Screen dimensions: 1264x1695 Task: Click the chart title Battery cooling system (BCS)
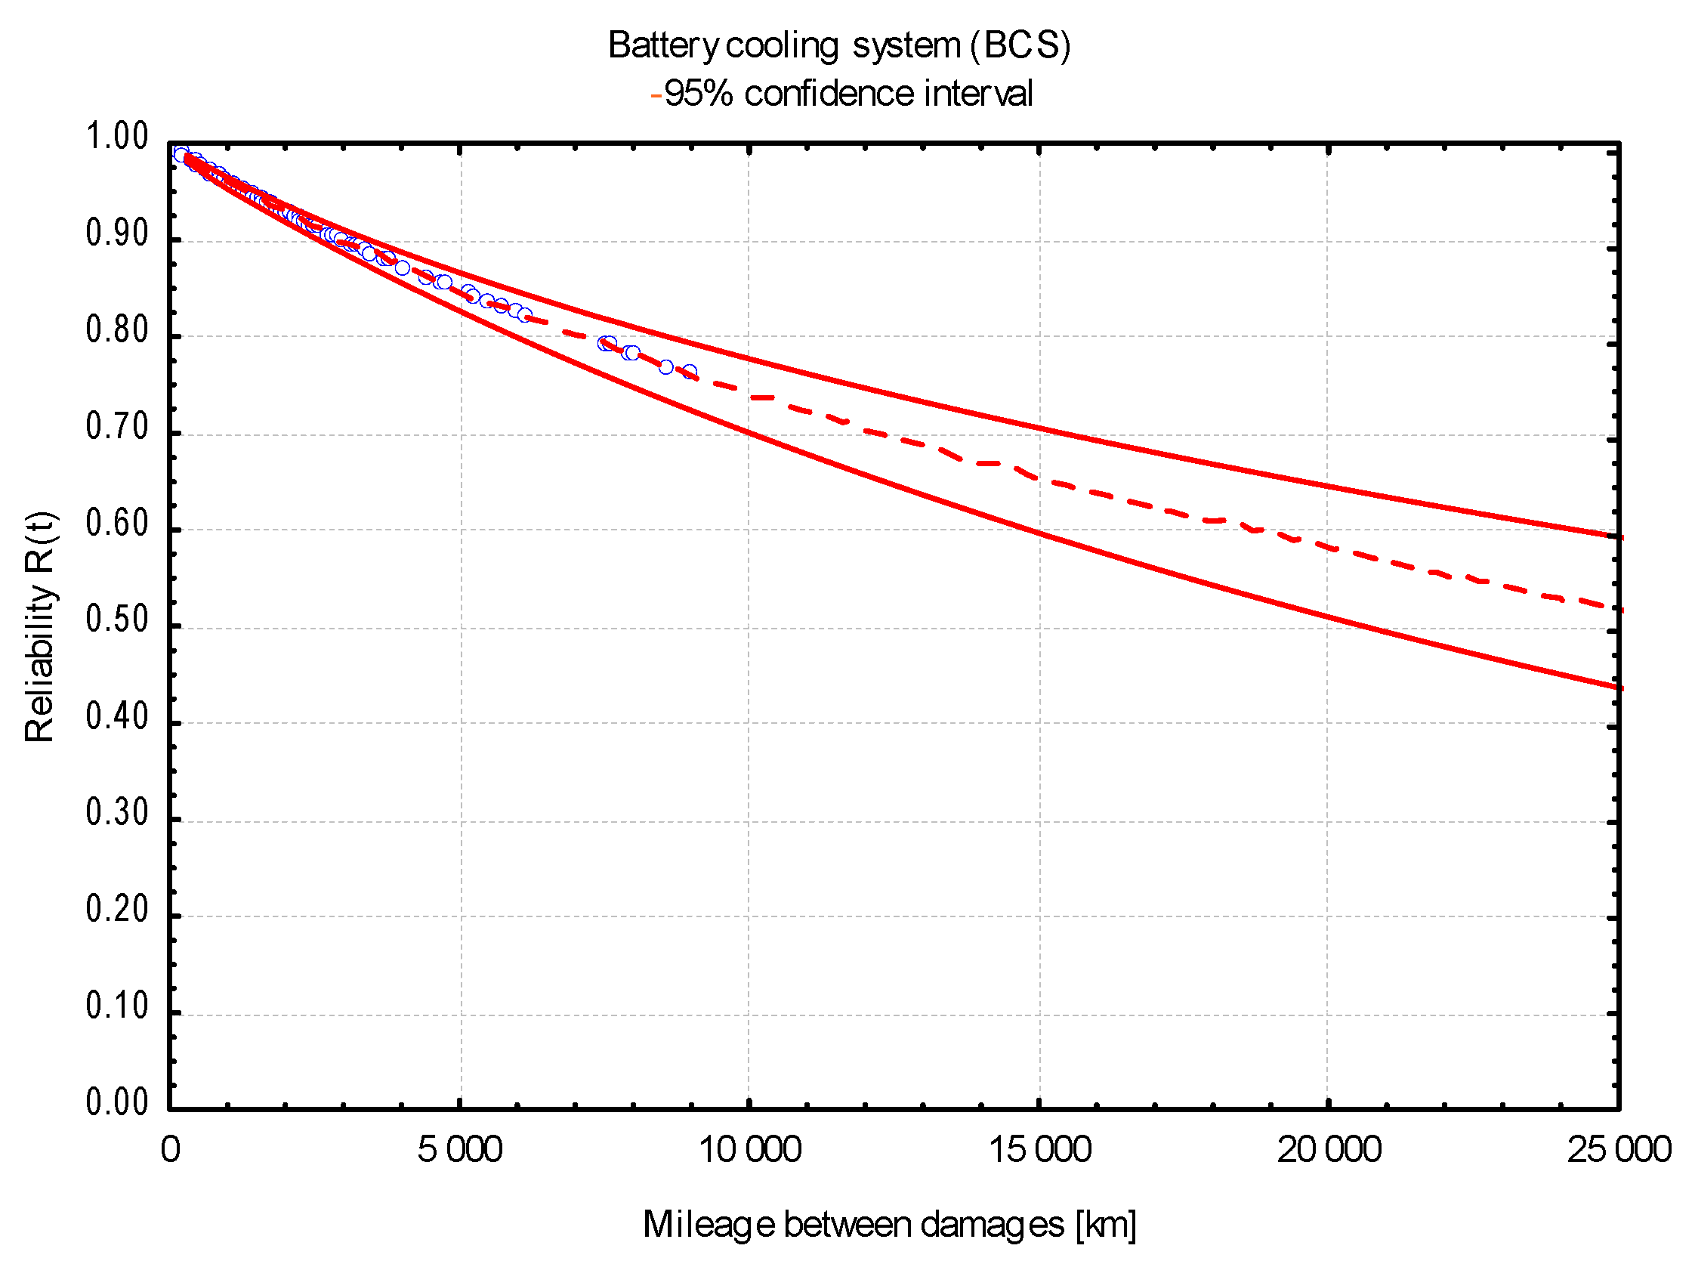(839, 45)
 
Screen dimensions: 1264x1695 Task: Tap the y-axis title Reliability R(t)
(40, 626)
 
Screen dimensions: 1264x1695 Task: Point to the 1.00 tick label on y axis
(116, 138)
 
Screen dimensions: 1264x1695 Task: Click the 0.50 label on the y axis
(116, 620)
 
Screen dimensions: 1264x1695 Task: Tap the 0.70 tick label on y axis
(116, 428)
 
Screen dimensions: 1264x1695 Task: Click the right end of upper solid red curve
(1620, 538)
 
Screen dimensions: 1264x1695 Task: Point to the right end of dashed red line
(1620, 610)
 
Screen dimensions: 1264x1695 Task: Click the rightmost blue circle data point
(689, 372)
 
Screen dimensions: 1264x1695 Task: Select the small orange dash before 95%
(656, 97)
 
